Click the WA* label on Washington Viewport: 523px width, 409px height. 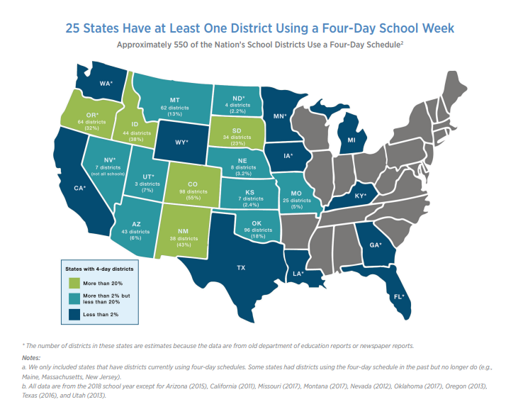[x=106, y=83]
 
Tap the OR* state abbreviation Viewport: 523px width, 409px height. [x=92, y=115]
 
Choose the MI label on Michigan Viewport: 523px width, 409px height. [x=351, y=140]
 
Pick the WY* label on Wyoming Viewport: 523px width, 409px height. [x=181, y=142]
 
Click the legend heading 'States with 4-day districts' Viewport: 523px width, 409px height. [x=99, y=269]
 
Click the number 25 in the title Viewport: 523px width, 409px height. [x=74, y=28]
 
